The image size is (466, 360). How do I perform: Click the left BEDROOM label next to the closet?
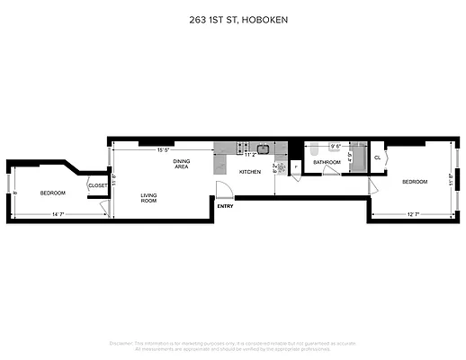point(51,193)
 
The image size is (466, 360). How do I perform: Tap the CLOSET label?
point(98,185)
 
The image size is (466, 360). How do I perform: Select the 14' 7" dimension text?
point(58,213)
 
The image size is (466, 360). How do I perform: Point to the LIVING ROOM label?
point(149,198)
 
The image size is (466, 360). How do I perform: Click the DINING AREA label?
point(181,164)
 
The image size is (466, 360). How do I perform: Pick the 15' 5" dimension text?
point(164,149)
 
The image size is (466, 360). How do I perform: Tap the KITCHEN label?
point(249,171)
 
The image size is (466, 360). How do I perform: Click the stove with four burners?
point(240,148)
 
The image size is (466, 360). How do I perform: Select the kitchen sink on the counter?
point(264,148)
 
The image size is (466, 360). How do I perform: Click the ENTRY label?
point(225,206)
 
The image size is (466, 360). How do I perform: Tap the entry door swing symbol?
point(223,190)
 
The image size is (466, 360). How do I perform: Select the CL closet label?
point(377,157)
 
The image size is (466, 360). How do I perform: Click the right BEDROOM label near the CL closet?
point(414,182)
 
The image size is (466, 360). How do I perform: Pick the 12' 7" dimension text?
point(414,213)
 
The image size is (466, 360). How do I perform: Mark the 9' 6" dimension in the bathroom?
point(336,146)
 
